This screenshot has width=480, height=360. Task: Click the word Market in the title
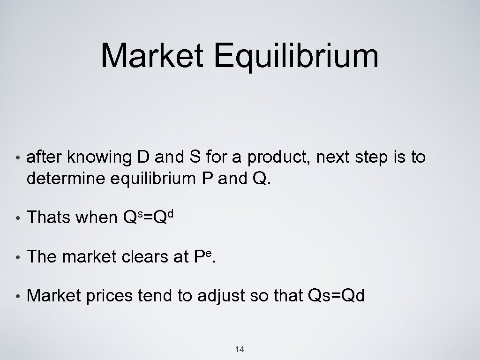pos(150,56)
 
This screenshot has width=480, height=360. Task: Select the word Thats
pos(48,217)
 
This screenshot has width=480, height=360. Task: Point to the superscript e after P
pos(210,252)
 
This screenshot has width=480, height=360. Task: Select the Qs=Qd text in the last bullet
pos(334,296)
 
